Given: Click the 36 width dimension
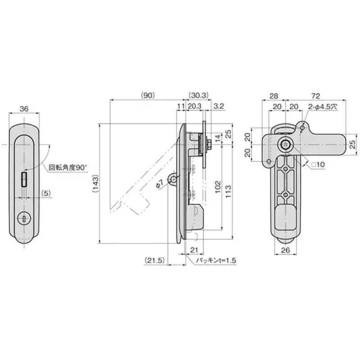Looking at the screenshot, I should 25,108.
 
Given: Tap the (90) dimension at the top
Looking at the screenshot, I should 147,95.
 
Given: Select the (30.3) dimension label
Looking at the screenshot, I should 198,95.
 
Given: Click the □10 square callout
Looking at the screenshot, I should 318,165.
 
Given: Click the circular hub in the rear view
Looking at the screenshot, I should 285,144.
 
